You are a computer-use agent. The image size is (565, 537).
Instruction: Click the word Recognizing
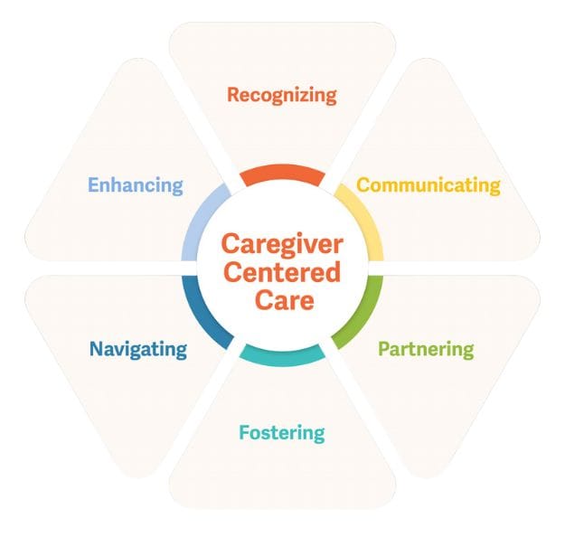[x=281, y=94]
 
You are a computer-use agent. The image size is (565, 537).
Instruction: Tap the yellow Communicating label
[x=428, y=185]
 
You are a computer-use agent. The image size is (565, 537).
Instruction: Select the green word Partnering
[x=425, y=348]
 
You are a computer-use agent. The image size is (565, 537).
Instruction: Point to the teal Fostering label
[x=281, y=432]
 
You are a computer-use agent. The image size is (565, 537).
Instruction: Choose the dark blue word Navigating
[x=137, y=348]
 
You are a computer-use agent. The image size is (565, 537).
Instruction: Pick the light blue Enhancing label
[x=135, y=185]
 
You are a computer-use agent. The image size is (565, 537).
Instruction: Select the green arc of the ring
[x=361, y=312]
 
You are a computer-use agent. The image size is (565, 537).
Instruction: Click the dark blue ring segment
[x=203, y=313]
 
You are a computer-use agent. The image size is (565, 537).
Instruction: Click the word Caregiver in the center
[x=281, y=243]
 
